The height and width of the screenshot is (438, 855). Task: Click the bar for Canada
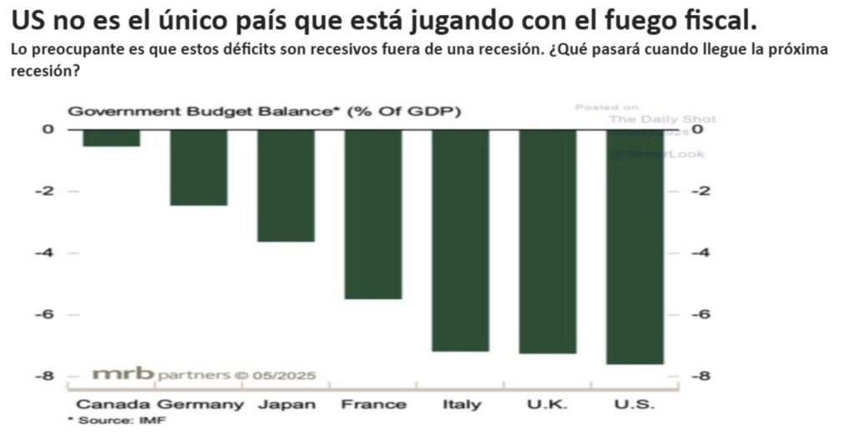111,138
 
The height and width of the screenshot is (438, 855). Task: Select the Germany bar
199,167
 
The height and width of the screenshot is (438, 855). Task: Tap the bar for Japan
286,185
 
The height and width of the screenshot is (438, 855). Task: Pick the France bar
373,214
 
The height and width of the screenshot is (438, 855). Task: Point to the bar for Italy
460,240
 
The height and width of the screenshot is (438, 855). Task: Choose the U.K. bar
548,241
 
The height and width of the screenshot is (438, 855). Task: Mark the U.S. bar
635,247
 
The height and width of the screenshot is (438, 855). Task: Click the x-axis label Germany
200,405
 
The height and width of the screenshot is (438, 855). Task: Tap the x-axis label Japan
286,405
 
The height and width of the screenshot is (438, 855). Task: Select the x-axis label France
373,405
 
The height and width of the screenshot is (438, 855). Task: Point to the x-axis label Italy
461,405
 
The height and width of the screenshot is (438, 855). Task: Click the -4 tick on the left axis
48,253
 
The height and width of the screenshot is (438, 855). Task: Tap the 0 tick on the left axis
48,129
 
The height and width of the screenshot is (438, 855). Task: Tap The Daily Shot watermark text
661,119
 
